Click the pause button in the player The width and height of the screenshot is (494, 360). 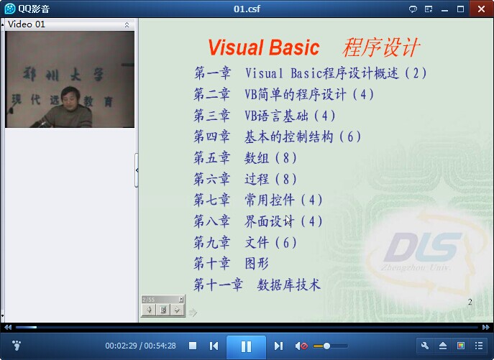click(x=246, y=346)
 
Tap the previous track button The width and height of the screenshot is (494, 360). click(x=214, y=346)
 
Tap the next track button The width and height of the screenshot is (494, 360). click(x=278, y=346)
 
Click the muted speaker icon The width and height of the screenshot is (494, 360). click(x=301, y=346)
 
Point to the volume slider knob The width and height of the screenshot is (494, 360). click(x=326, y=346)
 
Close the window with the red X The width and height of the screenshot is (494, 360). click(x=481, y=9)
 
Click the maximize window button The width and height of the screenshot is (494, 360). click(x=460, y=9)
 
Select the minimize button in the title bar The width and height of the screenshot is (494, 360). click(x=444, y=10)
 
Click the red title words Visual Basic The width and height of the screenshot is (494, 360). click(x=264, y=47)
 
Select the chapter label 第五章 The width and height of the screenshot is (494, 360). click(x=211, y=158)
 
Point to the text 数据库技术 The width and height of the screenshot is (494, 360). click(x=288, y=285)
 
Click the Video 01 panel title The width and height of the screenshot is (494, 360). click(x=27, y=24)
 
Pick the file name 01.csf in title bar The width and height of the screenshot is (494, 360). click(x=247, y=9)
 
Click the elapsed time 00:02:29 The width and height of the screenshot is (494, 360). click(x=121, y=346)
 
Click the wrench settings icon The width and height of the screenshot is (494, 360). click(x=425, y=346)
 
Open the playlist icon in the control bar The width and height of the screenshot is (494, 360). click(x=479, y=346)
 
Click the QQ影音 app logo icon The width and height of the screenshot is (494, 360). click(x=10, y=9)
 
